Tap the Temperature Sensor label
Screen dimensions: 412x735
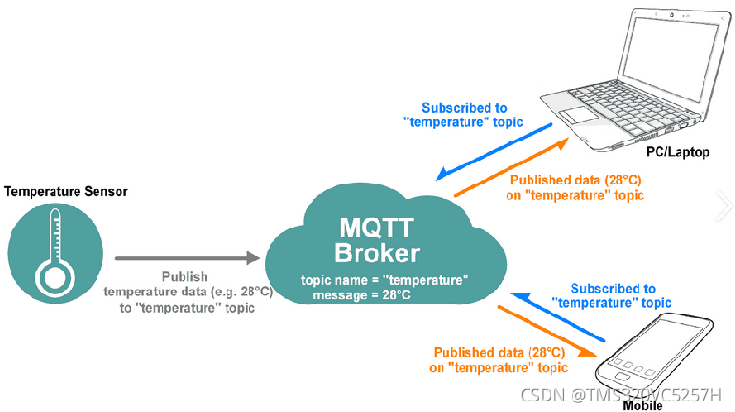point(65,191)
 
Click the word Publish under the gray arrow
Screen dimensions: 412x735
point(182,275)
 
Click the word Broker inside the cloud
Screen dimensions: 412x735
point(378,253)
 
